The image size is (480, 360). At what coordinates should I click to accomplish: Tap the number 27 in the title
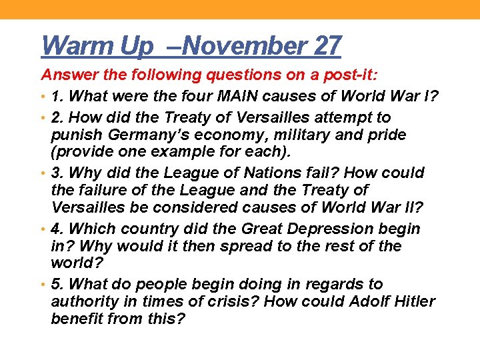click(327, 46)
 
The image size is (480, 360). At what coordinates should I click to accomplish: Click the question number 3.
click(57, 173)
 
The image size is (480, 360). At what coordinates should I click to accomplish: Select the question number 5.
click(57, 284)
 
